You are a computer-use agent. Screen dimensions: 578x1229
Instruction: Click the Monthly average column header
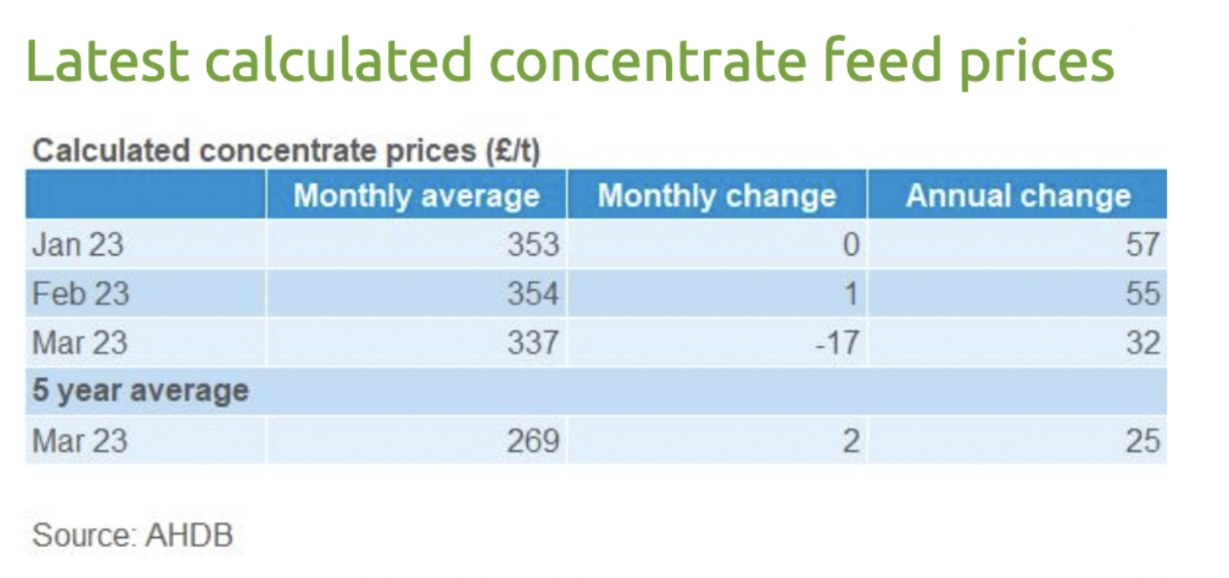(416, 196)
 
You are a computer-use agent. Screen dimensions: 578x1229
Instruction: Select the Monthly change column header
(717, 196)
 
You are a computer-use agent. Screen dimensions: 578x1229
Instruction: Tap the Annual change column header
(1018, 196)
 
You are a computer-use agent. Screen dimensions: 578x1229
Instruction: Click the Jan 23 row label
(77, 245)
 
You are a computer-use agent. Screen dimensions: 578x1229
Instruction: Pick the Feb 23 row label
(80, 294)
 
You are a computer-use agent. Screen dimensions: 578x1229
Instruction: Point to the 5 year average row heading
(140, 391)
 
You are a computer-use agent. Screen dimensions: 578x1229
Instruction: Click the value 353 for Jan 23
(533, 245)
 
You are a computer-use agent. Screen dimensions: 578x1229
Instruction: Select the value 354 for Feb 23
(533, 294)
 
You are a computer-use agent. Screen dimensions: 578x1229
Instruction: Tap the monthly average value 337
(533, 343)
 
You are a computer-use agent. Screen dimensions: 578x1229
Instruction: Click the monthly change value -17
(837, 343)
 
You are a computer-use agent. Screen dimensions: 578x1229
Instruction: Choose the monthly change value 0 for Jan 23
(851, 245)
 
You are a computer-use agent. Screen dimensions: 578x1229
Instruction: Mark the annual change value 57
(1142, 245)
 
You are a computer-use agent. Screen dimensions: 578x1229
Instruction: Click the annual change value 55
(1142, 294)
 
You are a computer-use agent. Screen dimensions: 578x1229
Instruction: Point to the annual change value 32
(1142, 343)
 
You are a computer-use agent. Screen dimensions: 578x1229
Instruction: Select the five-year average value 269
(533, 441)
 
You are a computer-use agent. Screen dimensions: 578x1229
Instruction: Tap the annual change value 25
(1142, 441)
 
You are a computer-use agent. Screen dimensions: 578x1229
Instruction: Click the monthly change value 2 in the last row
(851, 441)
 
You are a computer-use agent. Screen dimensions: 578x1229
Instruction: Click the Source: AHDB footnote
(133, 536)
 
